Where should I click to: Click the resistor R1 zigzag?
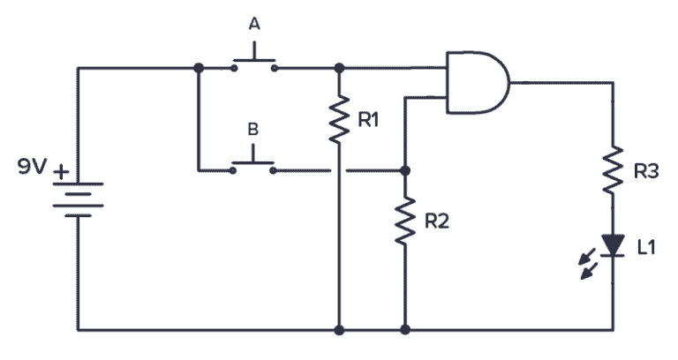tap(339, 121)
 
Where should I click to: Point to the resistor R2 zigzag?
tap(404, 221)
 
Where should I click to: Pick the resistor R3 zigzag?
tap(612, 171)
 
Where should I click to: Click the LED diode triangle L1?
tap(612, 244)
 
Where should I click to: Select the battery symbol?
tap(78, 198)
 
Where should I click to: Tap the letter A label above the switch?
tap(254, 25)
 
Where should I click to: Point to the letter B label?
tap(252, 129)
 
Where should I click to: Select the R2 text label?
tap(436, 221)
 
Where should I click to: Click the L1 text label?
tap(645, 247)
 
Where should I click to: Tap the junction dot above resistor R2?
tap(404, 169)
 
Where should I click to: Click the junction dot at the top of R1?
tap(339, 67)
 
